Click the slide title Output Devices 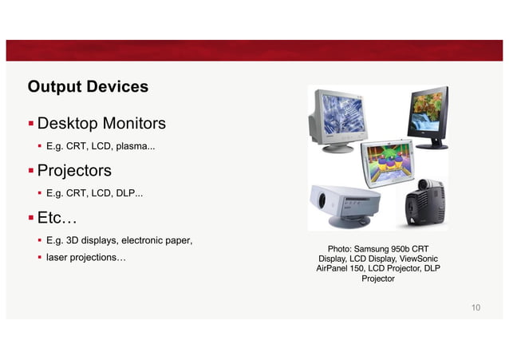point(88,85)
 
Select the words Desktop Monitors point(101,124)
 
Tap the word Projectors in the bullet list point(74,171)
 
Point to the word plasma point(136,148)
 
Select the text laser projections point(85,258)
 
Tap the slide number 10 point(475,307)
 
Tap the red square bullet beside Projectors point(31,171)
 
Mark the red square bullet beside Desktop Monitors point(31,124)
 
